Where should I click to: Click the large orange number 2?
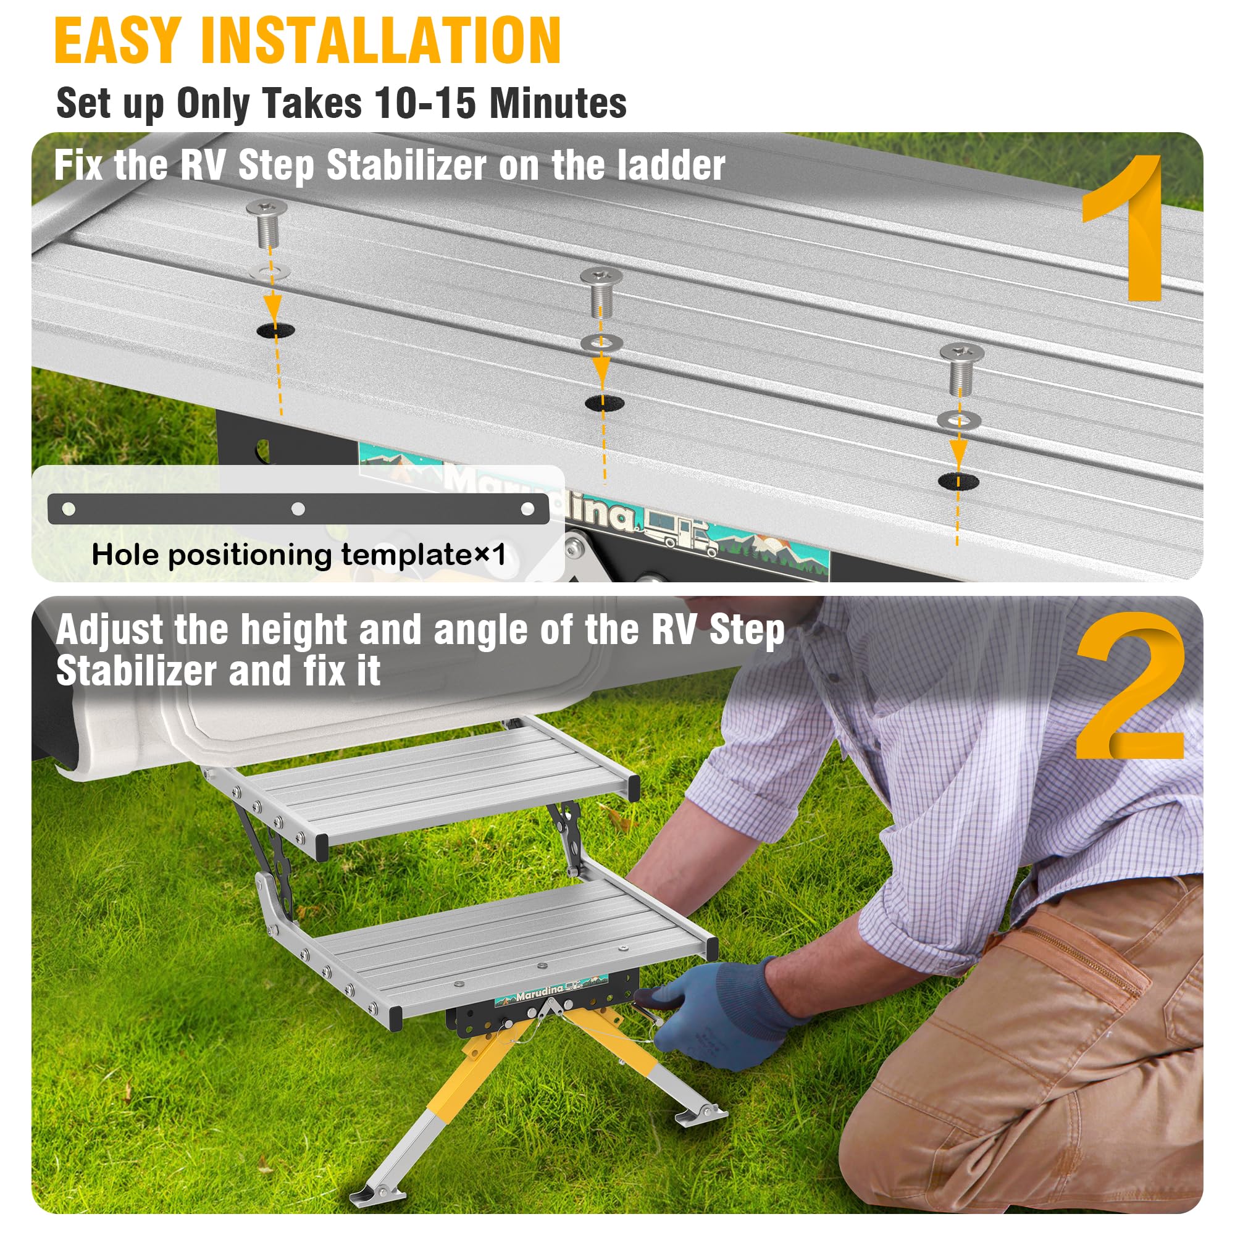1129,687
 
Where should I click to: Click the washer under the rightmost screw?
960,420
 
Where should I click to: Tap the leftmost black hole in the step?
275,330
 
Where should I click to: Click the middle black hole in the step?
605,403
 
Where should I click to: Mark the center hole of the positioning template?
298,509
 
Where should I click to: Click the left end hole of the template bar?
69,509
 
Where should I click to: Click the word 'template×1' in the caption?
423,555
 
